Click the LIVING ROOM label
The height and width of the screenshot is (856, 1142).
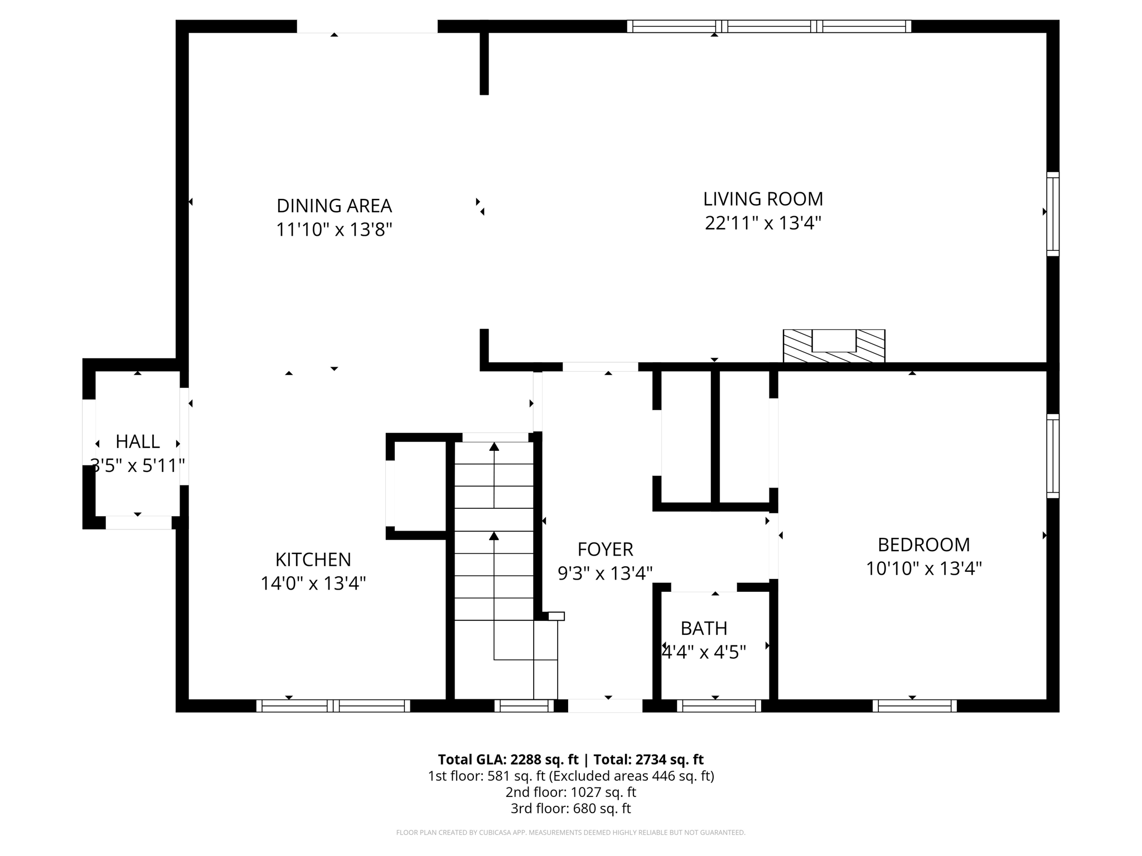click(x=763, y=199)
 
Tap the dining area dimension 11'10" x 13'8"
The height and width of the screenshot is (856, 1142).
click(x=334, y=230)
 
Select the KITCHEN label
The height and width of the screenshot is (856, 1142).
click(x=313, y=560)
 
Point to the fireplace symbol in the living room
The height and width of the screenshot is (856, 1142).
click(x=834, y=346)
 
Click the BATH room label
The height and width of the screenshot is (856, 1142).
click(x=704, y=629)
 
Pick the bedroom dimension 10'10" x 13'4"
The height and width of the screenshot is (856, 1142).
click(x=923, y=569)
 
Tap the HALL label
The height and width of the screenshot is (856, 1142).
click(x=137, y=441)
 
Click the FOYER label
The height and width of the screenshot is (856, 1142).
click(x=605, y=549)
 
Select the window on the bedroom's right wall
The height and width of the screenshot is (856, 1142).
click(x=1052, y=456)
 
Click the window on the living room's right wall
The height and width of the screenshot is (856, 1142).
click(x=1052, y=214)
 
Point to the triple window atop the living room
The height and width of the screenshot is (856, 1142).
click(x=769, y=26)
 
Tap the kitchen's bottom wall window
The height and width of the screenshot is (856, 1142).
click(x=333, y=706)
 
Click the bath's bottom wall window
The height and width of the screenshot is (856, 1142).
click(x=719, y=706)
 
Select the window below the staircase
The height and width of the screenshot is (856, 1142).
click(x=524, y=706)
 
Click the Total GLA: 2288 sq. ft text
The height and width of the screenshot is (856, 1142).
click(x=508, y=760)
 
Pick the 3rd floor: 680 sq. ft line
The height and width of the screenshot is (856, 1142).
click(x=570, y=808)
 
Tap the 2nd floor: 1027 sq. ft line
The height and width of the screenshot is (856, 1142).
click(x=570, y=792)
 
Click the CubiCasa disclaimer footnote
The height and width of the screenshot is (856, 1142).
click(x=570, y=833)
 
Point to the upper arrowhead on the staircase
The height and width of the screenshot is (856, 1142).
click(x=494, y=446)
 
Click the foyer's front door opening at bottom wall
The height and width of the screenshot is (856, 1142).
click(x=605, y=706)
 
